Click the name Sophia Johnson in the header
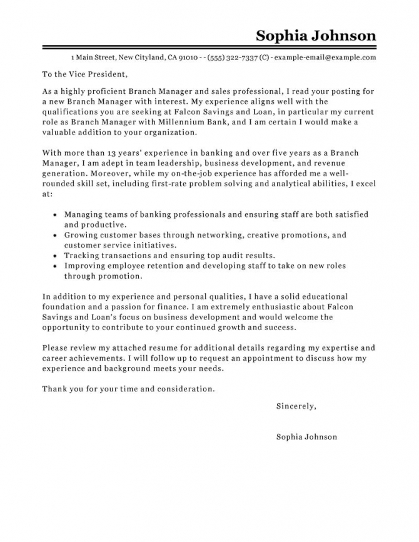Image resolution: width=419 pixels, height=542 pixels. [x=316, y=35]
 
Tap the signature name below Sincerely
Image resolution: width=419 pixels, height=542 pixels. [x=306, y=436]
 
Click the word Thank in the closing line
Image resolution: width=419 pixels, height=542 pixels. [x=55, y=388]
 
